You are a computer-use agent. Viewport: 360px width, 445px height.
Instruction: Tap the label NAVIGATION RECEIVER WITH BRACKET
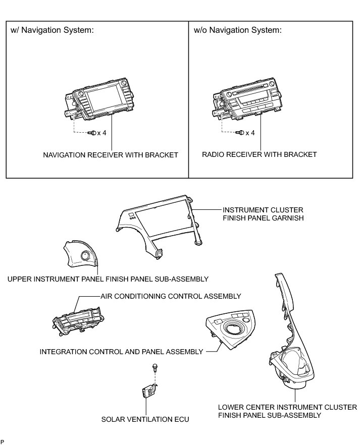coord(110,155)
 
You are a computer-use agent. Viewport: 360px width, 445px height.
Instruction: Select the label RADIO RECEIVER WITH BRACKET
coord(260,154)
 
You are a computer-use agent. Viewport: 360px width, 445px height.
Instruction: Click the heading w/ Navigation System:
coord(53,30)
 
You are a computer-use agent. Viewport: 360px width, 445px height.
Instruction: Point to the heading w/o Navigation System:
coord(238,30)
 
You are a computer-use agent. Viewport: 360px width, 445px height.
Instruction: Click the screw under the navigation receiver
coord(91,133)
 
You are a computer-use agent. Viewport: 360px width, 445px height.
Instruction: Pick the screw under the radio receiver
coord(241,133)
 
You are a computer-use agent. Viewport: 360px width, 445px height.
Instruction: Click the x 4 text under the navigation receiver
coord(101,133)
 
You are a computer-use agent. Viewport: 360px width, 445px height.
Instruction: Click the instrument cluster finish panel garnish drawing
coord(157,222)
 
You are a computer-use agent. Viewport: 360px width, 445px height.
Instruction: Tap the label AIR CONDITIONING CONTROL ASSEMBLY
coord(171,296)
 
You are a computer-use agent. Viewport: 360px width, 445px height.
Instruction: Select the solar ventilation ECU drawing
coord(148,391)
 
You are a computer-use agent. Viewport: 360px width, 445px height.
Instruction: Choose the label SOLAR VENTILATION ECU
coord(145,419)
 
